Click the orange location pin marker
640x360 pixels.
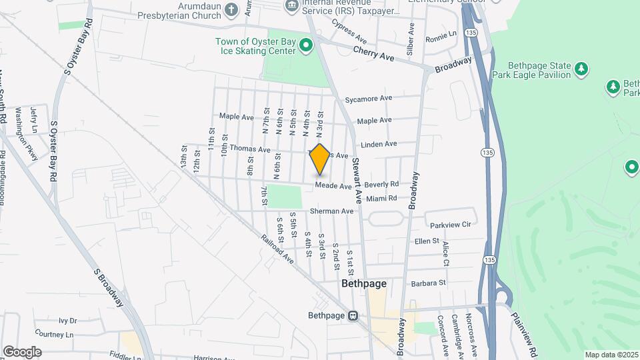(x=320, y=159)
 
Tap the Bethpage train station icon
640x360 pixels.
(x=355, y=316)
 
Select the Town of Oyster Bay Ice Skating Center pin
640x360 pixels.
(x=307, y=45)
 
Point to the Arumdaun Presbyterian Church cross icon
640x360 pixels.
(x=231, y=9)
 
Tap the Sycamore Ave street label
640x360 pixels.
(x=368, y=99)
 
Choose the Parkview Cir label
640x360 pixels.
(x=450, y=225)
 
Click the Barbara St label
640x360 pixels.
(x=428, y=283)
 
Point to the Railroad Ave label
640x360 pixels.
(x=277, y=249)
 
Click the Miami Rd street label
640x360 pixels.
(x=381, y=198)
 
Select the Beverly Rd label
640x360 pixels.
(x=381, y=184)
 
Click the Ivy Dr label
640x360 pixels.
(x=68, y=320)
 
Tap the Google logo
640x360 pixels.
(x=22, y=351)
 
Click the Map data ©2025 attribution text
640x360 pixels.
(x=611, y=355)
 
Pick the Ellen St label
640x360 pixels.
(x=427, y=241)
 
